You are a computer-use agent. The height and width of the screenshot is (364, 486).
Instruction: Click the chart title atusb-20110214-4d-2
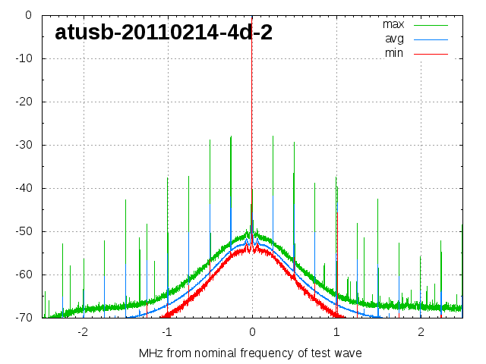point(164,33)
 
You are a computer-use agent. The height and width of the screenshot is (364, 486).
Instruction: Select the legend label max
point(393,24)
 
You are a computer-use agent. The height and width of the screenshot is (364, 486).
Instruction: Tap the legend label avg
point(394,39)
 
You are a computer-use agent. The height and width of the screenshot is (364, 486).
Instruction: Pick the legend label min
point(394,53)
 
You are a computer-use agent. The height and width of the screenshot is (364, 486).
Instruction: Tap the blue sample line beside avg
point(431,39)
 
